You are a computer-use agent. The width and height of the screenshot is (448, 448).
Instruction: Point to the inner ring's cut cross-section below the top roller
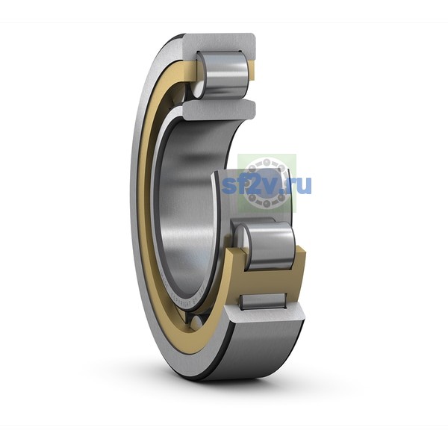(219, 110)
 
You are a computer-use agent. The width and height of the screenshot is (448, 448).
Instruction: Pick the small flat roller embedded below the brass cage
(263, 302)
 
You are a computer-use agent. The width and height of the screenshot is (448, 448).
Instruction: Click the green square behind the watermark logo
(267, 184)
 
